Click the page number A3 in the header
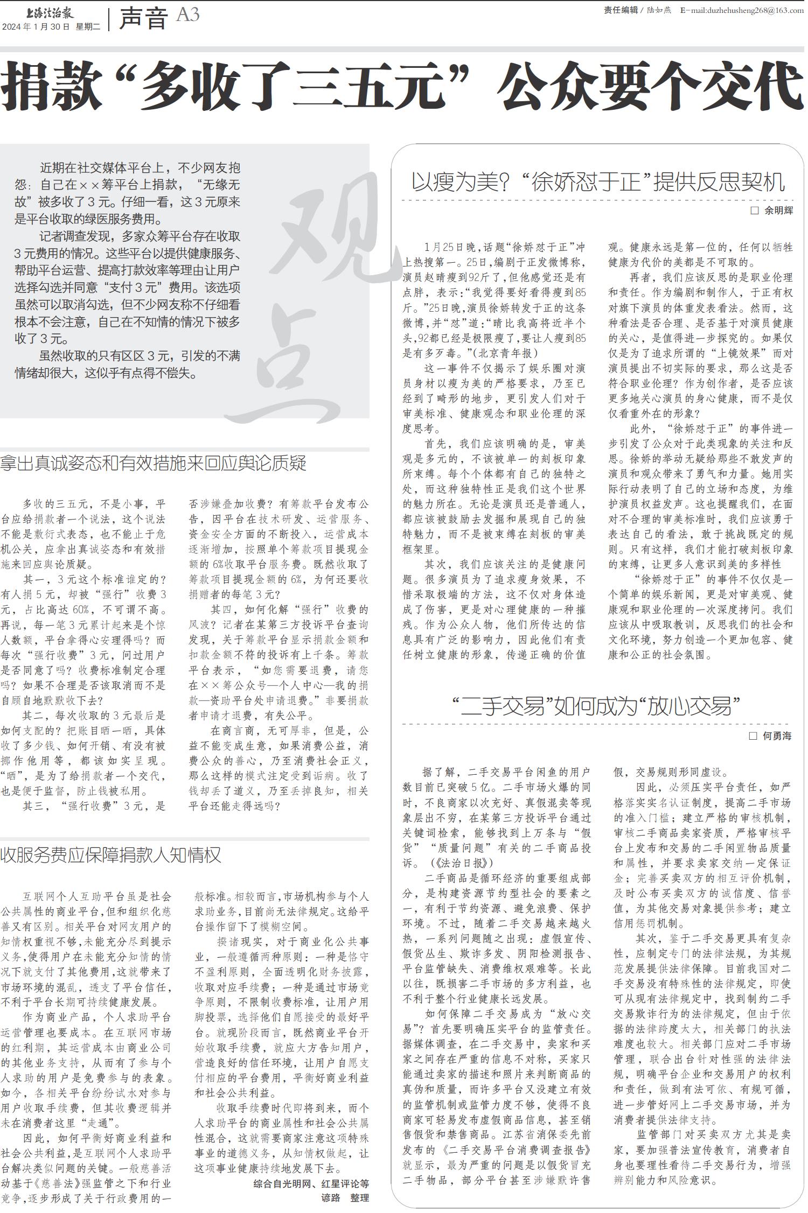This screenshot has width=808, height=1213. tap(187, 15)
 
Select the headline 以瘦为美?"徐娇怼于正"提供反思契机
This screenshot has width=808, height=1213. tap(597, 182)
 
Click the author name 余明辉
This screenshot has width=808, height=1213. tap(778, 211)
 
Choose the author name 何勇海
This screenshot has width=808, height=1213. tap(777, 735)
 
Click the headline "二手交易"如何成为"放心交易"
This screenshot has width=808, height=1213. tap(596, 706)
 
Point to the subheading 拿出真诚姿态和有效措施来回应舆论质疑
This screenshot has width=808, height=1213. tap(154, 463)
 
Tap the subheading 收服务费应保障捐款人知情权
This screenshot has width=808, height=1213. tap(111, 855)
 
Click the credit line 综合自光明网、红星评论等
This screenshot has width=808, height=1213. tap(311, 1183)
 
